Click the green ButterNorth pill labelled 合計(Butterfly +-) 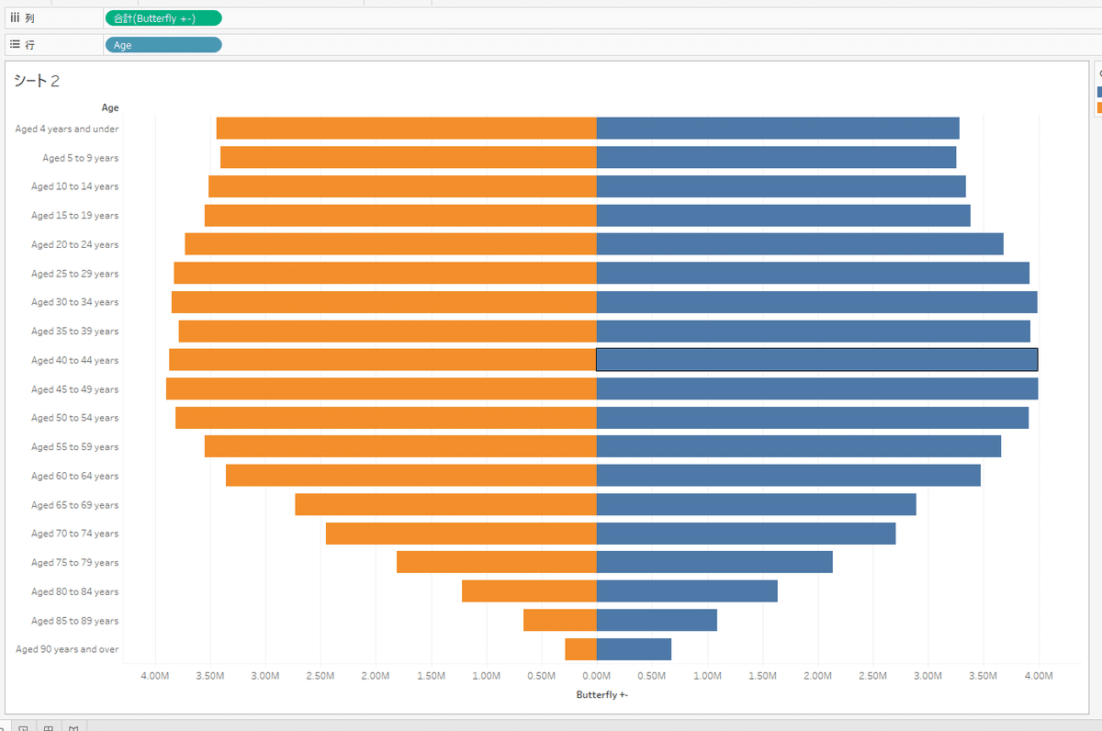point(163,18)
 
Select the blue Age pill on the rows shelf point(163,45)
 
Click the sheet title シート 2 point(37,81)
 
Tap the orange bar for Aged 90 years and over point(580,649)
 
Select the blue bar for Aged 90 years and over point(634,649)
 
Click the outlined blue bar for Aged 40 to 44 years point(817,360)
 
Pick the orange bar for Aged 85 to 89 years point(560,621)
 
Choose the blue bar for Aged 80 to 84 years point(687,591)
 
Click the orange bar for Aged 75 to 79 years point(497,562)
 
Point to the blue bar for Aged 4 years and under point(778,129)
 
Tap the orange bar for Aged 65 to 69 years point(445,504)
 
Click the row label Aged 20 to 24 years point(74,244)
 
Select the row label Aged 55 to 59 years point(74,447)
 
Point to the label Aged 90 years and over point(67,649)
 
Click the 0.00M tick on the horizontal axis point(597,677)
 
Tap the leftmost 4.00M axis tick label point(154,677)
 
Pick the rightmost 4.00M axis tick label point(1039,677)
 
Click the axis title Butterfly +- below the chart point(602,695)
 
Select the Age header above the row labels point(109,107)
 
